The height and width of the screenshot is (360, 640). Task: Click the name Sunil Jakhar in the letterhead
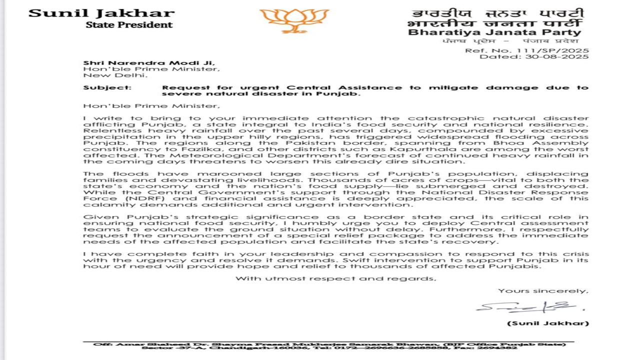101,13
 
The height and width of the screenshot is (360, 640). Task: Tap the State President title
129,24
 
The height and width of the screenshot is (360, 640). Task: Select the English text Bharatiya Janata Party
494,32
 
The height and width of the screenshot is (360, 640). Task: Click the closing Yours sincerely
543,290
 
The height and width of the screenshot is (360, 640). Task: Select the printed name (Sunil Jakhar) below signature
548,323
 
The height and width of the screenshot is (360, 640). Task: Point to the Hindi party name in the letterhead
494,23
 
